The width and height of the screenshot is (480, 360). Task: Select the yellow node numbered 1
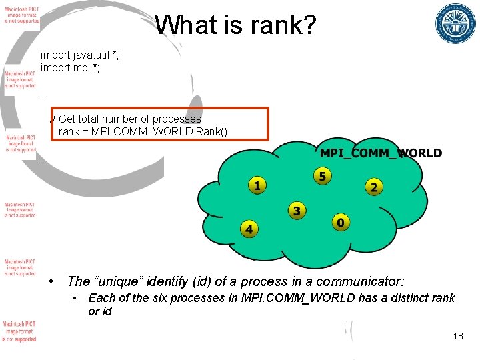coord(257,185)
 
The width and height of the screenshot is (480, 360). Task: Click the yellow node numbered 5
coord(322,177)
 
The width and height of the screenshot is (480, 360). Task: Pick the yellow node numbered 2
coord(373,187)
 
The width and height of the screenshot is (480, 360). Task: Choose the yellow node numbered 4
coord(249,230)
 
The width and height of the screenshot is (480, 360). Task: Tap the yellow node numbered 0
coord(340,223)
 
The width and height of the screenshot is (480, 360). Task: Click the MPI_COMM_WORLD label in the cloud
coord(381,153)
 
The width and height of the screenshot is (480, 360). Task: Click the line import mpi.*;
coord(70,67)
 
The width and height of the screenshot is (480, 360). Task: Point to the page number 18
coord(457,336)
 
